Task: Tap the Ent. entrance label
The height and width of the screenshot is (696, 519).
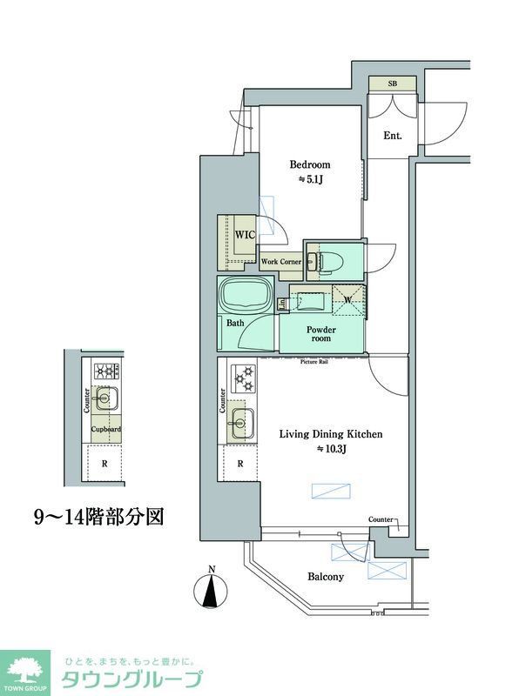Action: (x=392, y=136)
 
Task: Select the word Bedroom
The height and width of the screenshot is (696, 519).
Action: (x=310, y=164)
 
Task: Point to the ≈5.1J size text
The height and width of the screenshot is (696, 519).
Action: (x=310, y=180)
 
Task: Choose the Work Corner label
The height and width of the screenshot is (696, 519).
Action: (x=281, y=261)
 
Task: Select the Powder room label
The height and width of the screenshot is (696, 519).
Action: (x=320, y=335)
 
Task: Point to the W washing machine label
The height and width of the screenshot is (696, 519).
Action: (x=347, y=301)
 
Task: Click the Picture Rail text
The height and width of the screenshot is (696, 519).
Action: (x=313, y=361)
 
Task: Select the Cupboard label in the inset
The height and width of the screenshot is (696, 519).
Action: (x=106, y=430)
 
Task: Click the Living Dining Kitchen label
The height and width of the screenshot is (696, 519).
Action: (x=330, y=433)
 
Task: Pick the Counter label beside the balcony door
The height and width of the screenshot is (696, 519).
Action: (x=380, y=519)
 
